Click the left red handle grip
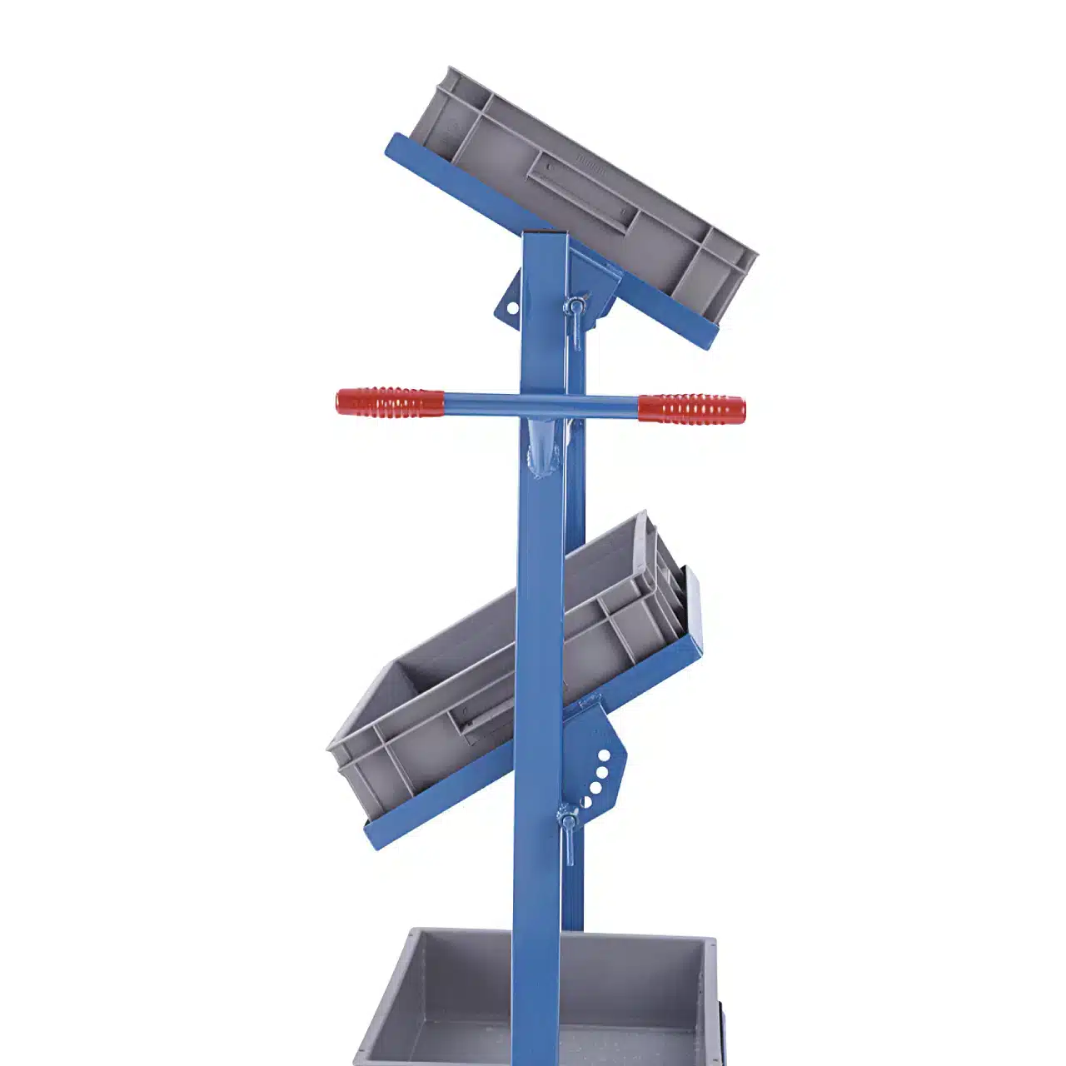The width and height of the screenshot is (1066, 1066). point(390,402)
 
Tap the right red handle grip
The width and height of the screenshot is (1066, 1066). point(691,408)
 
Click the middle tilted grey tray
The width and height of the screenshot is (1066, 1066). point(500,666)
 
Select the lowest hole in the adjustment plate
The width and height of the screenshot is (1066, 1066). point(585,802)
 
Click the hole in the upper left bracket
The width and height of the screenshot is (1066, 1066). point(511,308)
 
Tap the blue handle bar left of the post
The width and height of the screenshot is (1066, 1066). point(483,403)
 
